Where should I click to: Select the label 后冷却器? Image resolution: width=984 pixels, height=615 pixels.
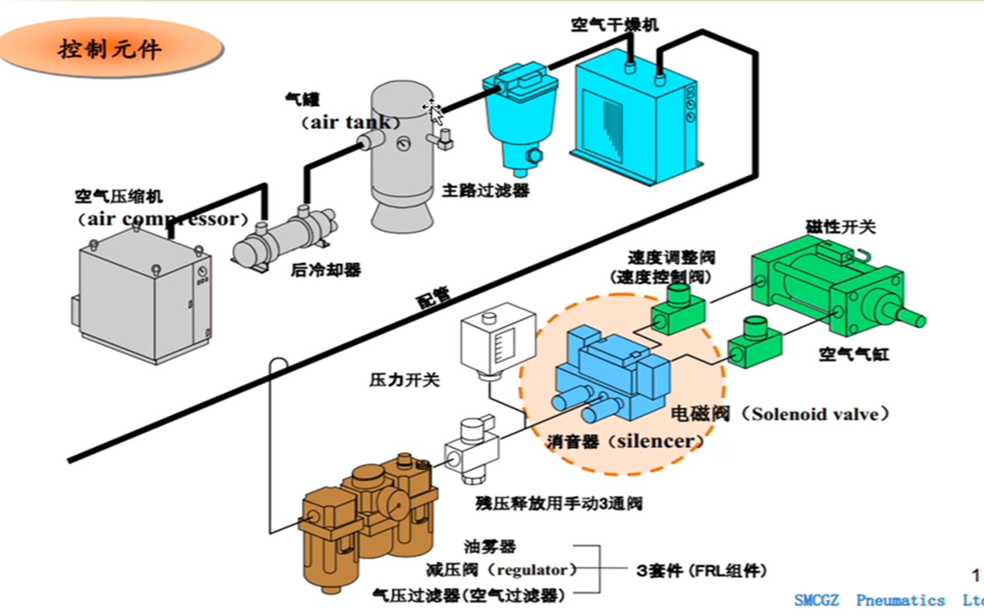[326, 269]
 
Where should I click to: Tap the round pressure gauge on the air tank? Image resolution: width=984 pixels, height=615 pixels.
[404, 144]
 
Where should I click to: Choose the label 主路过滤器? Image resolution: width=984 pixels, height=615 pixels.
[485, 190]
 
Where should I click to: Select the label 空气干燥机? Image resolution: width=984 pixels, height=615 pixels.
[614, 25]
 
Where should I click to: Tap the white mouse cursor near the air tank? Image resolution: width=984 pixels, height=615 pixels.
[434, 112]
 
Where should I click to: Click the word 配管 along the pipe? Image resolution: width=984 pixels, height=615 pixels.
[434, 297]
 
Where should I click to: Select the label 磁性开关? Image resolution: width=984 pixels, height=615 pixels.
[840, 227]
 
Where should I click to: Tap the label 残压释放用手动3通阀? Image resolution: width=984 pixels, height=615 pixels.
[559, 503]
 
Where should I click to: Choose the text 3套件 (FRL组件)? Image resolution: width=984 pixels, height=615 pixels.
[701, 570]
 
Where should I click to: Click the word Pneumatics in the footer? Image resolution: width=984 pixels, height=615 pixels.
[900, 600]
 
